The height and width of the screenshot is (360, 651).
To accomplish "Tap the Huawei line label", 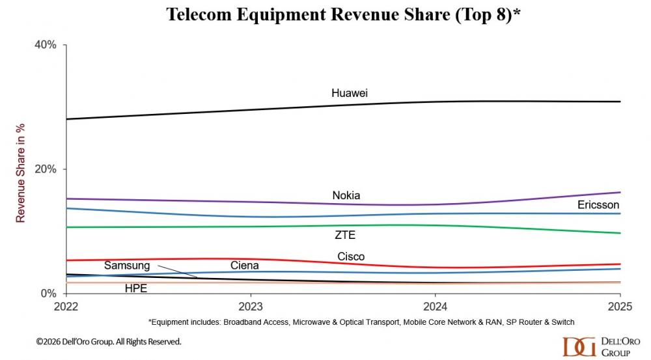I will [x=350, y=93].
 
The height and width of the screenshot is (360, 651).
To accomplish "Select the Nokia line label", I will [x=346, y=195].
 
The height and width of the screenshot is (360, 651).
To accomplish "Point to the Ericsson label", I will [x=598, y=205].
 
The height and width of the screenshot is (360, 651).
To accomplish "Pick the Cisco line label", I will [x=351, y=256].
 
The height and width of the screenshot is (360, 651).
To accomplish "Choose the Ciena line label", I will [x=245, y=265].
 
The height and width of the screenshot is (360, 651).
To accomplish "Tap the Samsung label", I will [x=127, y=266].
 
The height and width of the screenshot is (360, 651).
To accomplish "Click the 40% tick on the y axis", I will [x=46, y=45].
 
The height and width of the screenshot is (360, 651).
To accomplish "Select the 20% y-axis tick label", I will [x=46, y=169].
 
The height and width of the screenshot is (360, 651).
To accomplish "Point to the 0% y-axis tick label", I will [x=49, y=294].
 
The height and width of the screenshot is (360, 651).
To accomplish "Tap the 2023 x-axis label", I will [x=251, y=306].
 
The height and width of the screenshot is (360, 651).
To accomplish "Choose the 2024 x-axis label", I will [x=435, y=306].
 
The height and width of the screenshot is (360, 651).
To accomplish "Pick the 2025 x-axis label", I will [x=619, y=306].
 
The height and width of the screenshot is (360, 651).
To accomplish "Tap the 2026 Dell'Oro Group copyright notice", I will [x=109, y=341].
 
